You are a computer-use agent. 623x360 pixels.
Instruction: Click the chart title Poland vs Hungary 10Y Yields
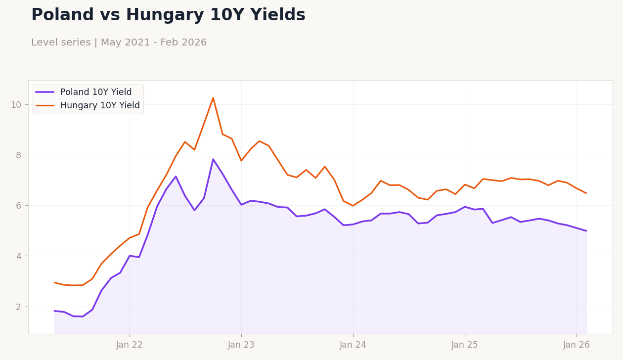click(x=168, y=15)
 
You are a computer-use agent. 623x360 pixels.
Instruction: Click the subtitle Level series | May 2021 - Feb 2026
click(x=119, y=43)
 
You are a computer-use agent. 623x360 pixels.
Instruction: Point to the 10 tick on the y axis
click(x=16, y=104)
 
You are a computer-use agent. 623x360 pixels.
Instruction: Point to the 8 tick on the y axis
click(x=19, y=155)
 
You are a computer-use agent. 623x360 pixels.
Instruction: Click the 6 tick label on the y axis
click(x=19, y=206)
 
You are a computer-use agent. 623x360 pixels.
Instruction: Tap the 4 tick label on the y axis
click(x=19, y=256)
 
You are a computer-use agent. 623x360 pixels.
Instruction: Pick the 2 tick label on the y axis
click(x=19, y=307)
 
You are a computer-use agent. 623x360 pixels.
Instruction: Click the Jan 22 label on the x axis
click(x=130, y=345)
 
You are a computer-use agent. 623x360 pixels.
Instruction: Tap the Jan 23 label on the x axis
click(x=241, y=345)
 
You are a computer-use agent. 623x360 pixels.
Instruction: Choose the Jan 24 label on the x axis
click(x=353, y=345)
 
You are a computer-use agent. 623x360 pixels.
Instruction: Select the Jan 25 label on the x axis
click(x=465, y=345)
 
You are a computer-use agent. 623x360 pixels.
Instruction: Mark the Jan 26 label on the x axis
click(x=577, y=345)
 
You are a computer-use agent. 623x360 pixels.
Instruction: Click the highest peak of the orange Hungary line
click(x=213, y=98)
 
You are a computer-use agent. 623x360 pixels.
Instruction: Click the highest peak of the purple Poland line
click(x=213, y=159)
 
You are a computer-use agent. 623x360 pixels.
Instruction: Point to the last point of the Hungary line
click(x=586, y=193)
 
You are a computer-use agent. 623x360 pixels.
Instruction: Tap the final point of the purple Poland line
click(x=586, y=231)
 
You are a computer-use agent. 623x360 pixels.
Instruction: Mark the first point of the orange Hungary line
click(x=54, y=282)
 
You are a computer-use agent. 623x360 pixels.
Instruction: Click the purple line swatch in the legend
click(x=45, y=92)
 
